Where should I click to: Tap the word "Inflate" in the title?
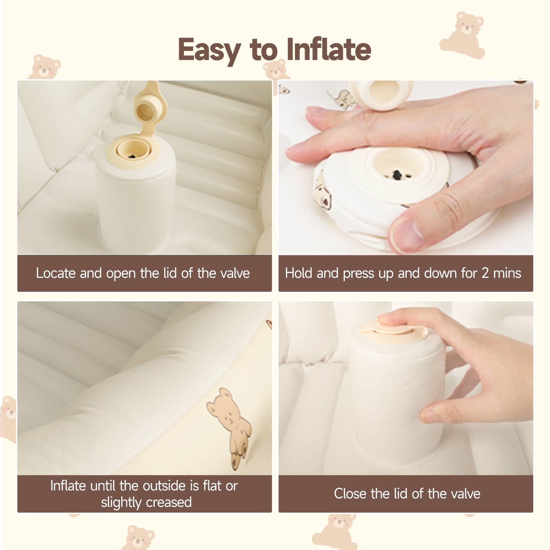click(x=329, y=49)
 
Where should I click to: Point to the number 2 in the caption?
click(x=485, y=273)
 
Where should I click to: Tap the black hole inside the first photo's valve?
click(x=131, y=156)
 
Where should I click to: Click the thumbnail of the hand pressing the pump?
click(x=406, y=168)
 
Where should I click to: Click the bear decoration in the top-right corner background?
click(x=462, y=35)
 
